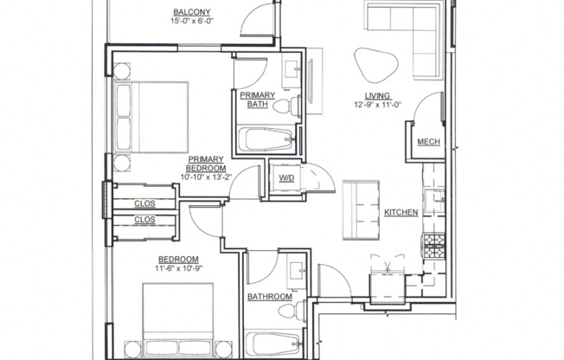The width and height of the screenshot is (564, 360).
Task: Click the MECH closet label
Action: (426, 142)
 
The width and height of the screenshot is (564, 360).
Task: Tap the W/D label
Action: (285, 179)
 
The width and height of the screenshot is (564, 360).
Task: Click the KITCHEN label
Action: (401, 212)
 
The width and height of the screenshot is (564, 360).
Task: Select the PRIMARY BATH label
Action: (258, 100)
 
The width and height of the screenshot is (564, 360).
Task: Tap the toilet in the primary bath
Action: (289, 106)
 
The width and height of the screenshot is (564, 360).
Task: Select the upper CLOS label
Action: (144, 203)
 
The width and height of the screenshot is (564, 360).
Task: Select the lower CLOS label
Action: (144, 220)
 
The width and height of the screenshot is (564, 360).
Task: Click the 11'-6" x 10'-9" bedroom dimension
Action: (178, 269)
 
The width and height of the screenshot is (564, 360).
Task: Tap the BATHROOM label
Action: (269, 297)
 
